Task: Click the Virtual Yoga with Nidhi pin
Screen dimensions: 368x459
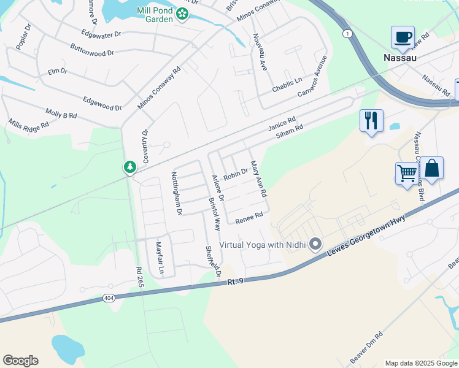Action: [315, 245]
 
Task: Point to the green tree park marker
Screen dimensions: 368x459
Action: [129, 167]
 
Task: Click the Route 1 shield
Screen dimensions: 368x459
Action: [347, 34]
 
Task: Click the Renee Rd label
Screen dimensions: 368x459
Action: [249, 217]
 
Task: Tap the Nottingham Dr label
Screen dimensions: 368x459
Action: [177, 193]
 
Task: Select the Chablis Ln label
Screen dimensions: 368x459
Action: [287, 81]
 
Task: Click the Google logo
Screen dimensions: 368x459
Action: [20, 360]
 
